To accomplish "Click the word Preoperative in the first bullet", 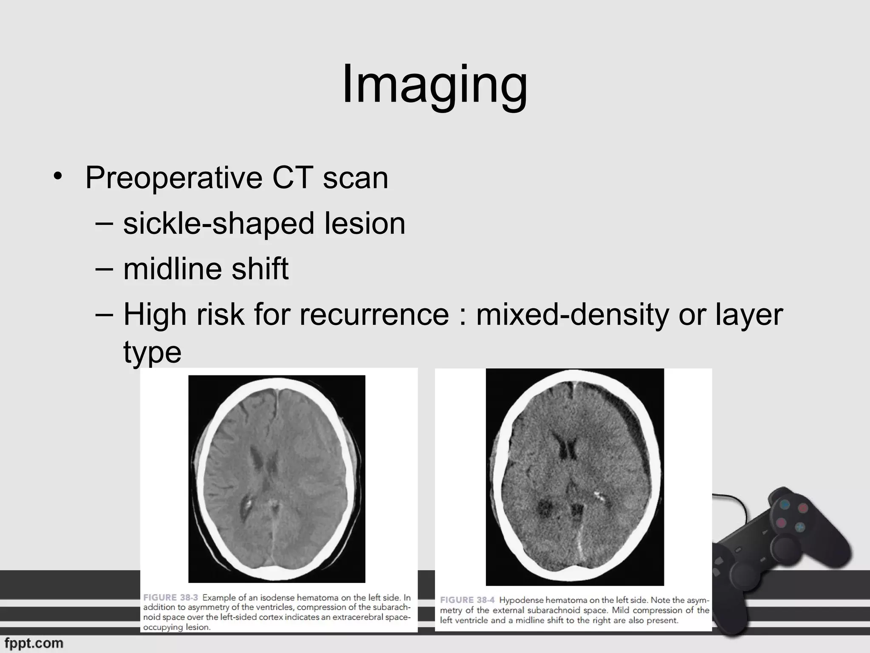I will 173,177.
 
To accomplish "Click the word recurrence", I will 374,315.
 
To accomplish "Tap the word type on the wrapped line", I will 152,352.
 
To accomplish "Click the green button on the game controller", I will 799,527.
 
